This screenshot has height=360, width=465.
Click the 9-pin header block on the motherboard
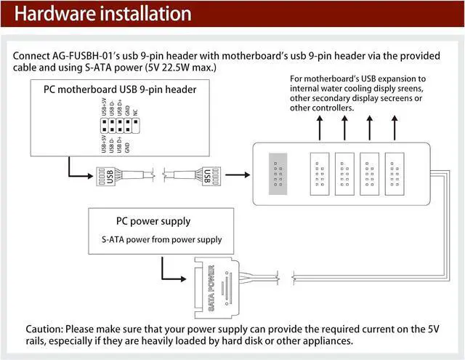(116, 126)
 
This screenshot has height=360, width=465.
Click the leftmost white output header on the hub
(320, 173)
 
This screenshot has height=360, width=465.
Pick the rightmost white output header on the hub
(395, 173)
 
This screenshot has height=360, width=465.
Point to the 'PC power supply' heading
(153, 221)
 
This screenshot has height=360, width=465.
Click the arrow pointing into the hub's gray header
(237, 175)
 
